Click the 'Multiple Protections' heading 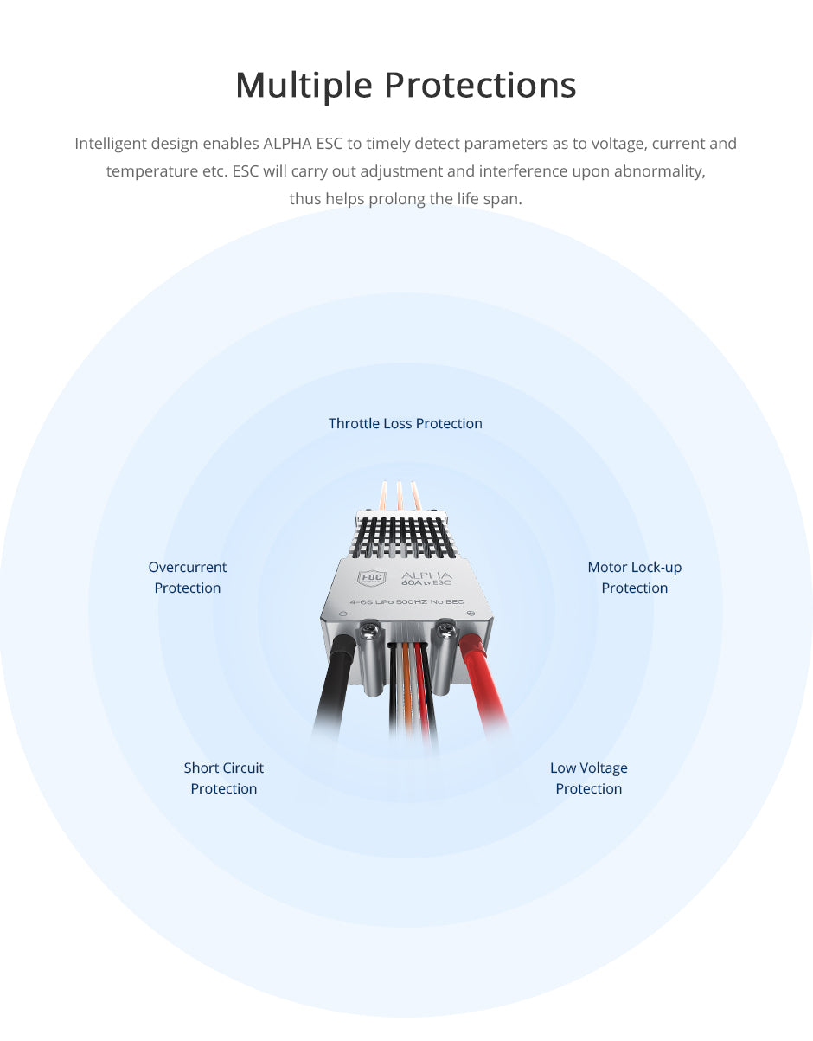coord(406,86)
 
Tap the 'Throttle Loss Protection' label coord(406,423)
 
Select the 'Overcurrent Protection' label coord(188,577)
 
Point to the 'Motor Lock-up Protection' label coord(635,577)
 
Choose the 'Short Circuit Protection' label coord(224,778)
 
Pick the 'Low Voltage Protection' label coord(589,778)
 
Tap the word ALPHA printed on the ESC coord(426,575)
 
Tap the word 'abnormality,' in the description coord(660,171)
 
